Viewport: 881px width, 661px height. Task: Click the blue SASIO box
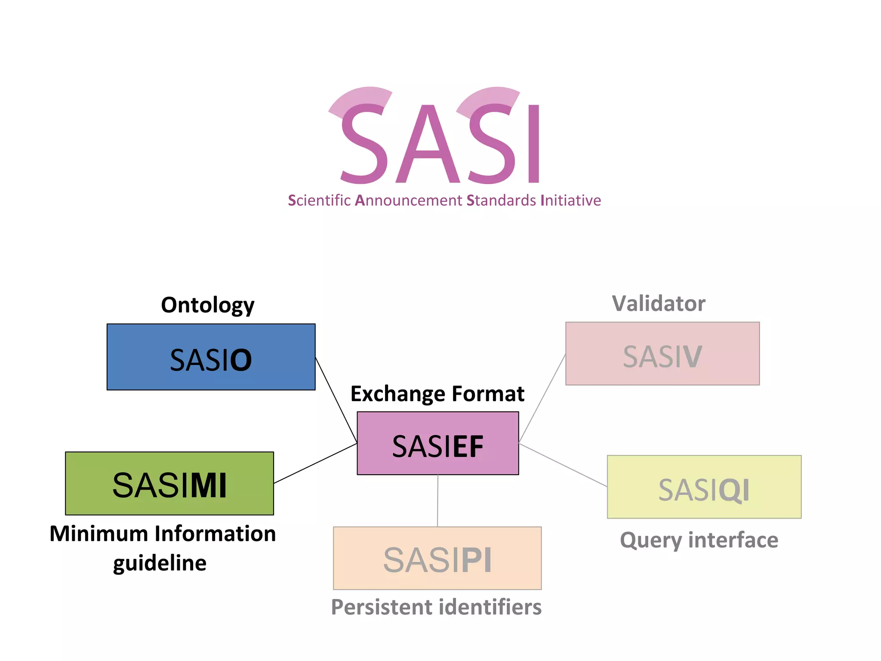211,357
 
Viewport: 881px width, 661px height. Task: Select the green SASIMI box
169,483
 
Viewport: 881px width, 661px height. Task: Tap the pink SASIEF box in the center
438,443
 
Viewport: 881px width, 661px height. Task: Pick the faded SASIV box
662,354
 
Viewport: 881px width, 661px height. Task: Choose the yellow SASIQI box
704,487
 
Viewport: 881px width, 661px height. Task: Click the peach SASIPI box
437,558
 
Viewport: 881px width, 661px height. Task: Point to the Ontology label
208,306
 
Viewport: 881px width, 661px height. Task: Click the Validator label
659,304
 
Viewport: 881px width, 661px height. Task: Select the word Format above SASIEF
488,394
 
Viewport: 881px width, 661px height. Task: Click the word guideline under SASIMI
160,563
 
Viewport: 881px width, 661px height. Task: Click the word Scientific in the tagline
319,201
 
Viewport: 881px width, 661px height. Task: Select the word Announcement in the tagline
409,201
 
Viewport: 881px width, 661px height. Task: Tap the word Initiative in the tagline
570,201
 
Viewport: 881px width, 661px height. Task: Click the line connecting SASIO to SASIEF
336,400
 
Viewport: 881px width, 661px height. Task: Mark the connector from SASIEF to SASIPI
437,500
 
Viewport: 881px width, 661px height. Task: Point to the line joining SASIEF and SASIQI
563,465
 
